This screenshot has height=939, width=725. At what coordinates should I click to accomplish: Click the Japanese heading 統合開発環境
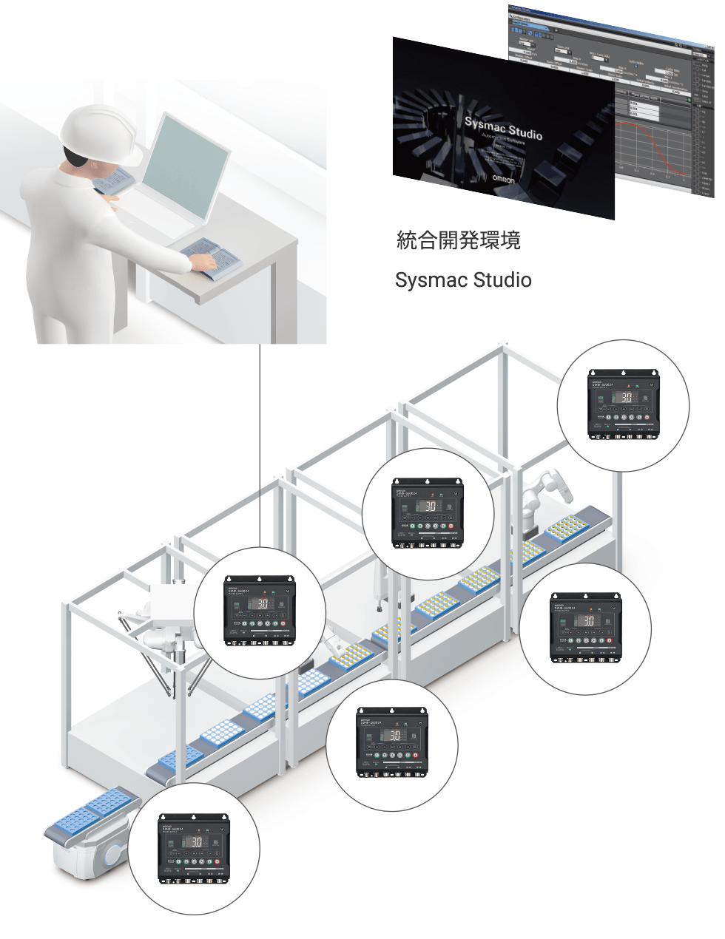[458, 240]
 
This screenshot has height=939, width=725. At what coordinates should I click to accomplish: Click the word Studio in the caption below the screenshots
[502, 280]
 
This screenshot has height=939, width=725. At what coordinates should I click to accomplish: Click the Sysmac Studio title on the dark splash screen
[503, 129]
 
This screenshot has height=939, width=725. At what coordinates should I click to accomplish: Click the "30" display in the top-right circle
[626, 397]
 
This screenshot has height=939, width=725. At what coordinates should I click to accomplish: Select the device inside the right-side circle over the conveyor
[585, 628]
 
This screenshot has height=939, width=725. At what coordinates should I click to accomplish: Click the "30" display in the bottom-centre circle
[394, 735]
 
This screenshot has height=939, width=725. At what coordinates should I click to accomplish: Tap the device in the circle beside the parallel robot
[259, 609]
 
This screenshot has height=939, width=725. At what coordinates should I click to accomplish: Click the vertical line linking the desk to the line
[260, 444]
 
